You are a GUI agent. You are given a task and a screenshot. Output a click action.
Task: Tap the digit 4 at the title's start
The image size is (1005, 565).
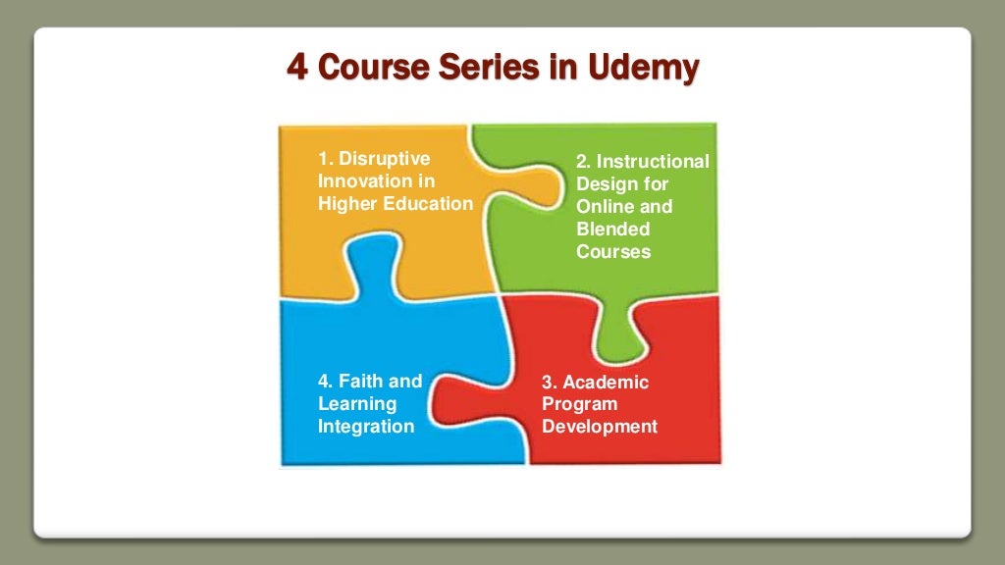click(x=295, y=68)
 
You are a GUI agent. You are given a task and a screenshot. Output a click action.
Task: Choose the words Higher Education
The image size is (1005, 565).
click(x=395, y=203)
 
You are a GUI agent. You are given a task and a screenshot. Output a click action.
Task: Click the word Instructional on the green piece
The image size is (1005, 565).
click(x=652, y=161)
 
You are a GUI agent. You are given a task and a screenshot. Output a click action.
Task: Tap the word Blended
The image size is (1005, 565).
click(x=613, y=229)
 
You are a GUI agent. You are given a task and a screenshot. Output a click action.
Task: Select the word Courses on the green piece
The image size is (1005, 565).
click(x=613, y=251)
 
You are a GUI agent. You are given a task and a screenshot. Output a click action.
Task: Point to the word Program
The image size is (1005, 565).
click(x=580, y=404)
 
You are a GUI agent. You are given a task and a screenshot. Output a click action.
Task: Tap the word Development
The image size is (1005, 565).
click(x=600, y=427)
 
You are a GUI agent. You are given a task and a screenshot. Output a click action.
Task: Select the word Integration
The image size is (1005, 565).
click(x=366, y=427)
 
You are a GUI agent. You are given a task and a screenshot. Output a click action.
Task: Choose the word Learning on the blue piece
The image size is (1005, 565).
click(x=357, y=403)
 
